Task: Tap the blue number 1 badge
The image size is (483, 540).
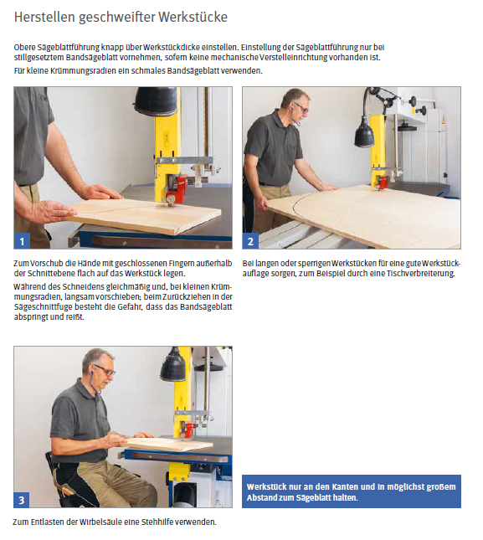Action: pos(22,241)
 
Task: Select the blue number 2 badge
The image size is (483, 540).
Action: pos(250,241)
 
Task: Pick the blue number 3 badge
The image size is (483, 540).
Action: pos(21,500)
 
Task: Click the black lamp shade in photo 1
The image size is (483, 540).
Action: pos(156,100)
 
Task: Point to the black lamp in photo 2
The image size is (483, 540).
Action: pos(365,133)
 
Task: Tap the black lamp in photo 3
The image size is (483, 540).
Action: pos(173,365)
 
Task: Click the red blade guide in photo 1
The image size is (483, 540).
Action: pos(176,188)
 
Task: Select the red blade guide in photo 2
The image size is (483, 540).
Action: pos(382,183)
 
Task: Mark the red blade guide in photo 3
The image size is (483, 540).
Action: pos(188,431)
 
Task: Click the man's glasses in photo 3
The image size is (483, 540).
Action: pos(105,370)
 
